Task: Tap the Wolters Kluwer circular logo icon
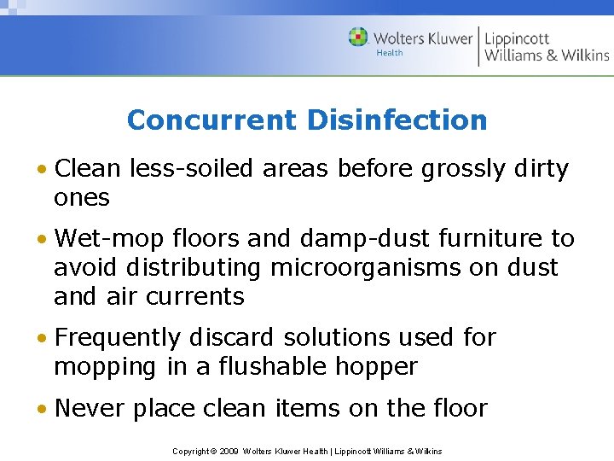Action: click(358, 38)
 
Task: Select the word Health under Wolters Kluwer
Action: click(390, 53)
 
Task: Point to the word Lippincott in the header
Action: click(517, 38)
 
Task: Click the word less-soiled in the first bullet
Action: click(191, 169)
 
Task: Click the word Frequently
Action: click(125, 338)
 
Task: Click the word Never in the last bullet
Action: click(87, 409)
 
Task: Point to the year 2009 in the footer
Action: click(228, 451)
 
